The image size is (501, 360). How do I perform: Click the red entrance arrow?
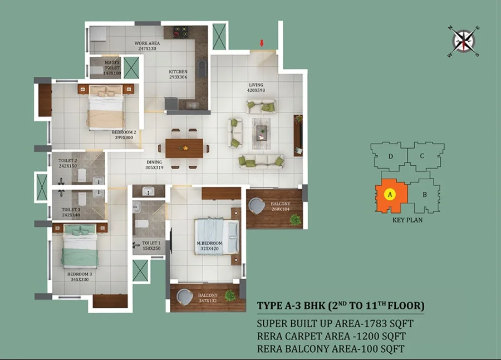coord(262,43)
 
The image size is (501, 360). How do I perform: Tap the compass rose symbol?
coord(464,41)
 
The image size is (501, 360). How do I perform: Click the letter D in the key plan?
coord(390,156)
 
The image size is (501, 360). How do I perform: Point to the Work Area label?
coord(147,43)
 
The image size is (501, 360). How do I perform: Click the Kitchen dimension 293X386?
coord(178,77)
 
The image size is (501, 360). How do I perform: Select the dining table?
coord(184,148)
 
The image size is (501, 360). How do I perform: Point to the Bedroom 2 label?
coord(124,132)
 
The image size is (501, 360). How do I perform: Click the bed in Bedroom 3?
coord(80,246)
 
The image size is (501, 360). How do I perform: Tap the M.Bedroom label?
coord(210,243)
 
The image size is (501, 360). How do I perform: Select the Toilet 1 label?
coord(151,243)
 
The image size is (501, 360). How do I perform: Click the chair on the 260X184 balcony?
coord(257,206)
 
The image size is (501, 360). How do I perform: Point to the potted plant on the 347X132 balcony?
coord(230,295)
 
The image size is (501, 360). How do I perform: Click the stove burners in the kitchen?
coord(180,32)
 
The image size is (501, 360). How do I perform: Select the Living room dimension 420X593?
coord(256,90)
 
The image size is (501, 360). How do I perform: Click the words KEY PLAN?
coord(407,220)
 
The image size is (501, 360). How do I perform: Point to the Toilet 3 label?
coord(71,210)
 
